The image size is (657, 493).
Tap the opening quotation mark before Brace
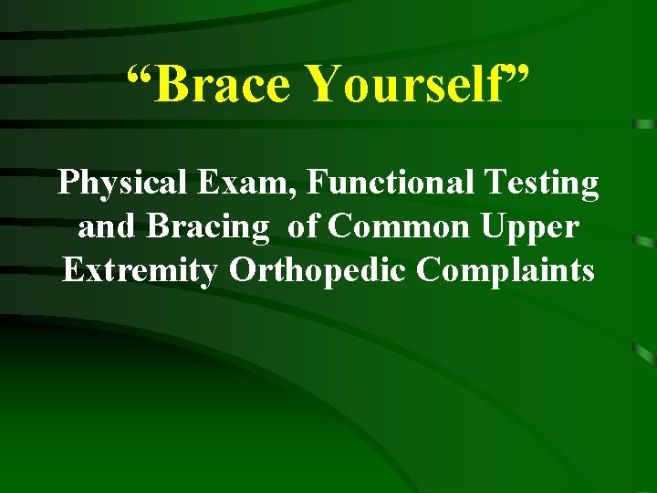pyautogui.click(x=138, y=73)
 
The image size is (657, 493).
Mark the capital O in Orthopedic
pyautogui.click(x=242, y=270)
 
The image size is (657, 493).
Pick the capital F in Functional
pyautogui.click(x=316, y=184)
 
